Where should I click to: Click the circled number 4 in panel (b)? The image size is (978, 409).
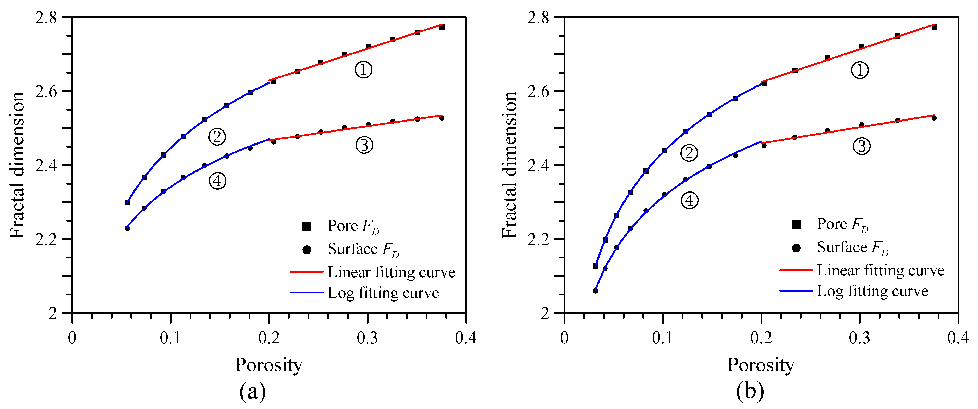[x=689, y=200]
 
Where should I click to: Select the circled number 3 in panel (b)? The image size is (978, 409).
[x=861, y=146]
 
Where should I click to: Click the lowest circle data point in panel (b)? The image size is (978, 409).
[x=595, y=291]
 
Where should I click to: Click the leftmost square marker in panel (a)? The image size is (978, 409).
[x=127, y=202]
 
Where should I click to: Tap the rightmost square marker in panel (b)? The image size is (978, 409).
[x=934, y=27]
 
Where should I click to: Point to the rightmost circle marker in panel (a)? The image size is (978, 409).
[x=442, y=118]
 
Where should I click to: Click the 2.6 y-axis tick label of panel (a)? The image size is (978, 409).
[x=46, y=91]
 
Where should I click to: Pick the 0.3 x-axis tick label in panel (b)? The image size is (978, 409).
[x=860, y=338]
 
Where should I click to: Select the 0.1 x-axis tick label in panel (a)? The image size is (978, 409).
[x=170, y=338]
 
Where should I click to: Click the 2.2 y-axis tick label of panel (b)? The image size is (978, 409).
[x=538, y=239]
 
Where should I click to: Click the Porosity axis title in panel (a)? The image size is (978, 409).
[x=268, y=365]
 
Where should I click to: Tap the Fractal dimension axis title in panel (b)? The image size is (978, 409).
[x=509, y=165]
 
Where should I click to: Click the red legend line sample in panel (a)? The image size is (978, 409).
[x=306, y=272]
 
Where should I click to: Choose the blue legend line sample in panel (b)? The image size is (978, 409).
[x=796, y=291]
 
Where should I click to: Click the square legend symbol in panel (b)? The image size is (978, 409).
[x=796, y=225]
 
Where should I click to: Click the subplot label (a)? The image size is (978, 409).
[x=252, y=391]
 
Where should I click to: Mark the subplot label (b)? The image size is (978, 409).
[x=750, y=391]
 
